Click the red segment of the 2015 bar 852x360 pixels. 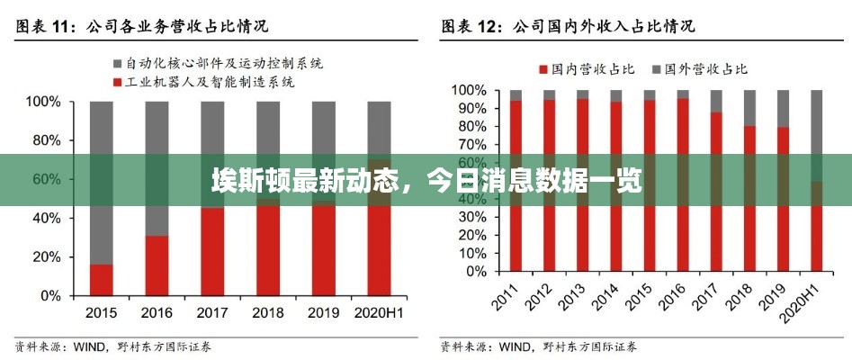coord(102,280)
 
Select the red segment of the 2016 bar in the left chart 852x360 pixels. coord(157,265)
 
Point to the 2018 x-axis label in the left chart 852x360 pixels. coord(267,312)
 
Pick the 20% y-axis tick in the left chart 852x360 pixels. coord(46,256)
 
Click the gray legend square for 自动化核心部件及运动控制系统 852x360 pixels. coord(118,64)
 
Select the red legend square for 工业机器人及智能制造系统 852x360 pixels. coord(118,82)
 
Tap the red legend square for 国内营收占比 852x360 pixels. coord(543,69)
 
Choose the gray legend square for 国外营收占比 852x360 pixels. coord(656,69)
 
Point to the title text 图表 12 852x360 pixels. coord(470,27)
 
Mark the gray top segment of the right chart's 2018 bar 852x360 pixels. coord(749,107)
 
